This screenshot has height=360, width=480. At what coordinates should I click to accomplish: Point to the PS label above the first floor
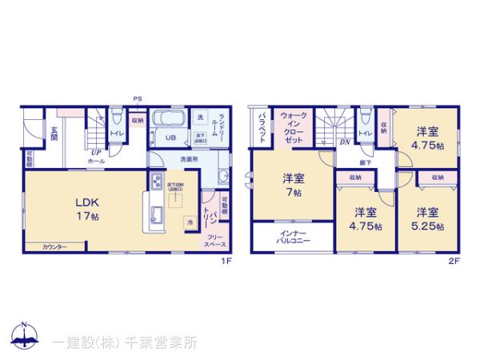click(x=138, y=100)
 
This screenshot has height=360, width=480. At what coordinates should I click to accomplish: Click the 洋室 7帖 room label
click(x=292, y=186)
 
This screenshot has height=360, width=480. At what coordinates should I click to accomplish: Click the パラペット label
click(x=262, y=126)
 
